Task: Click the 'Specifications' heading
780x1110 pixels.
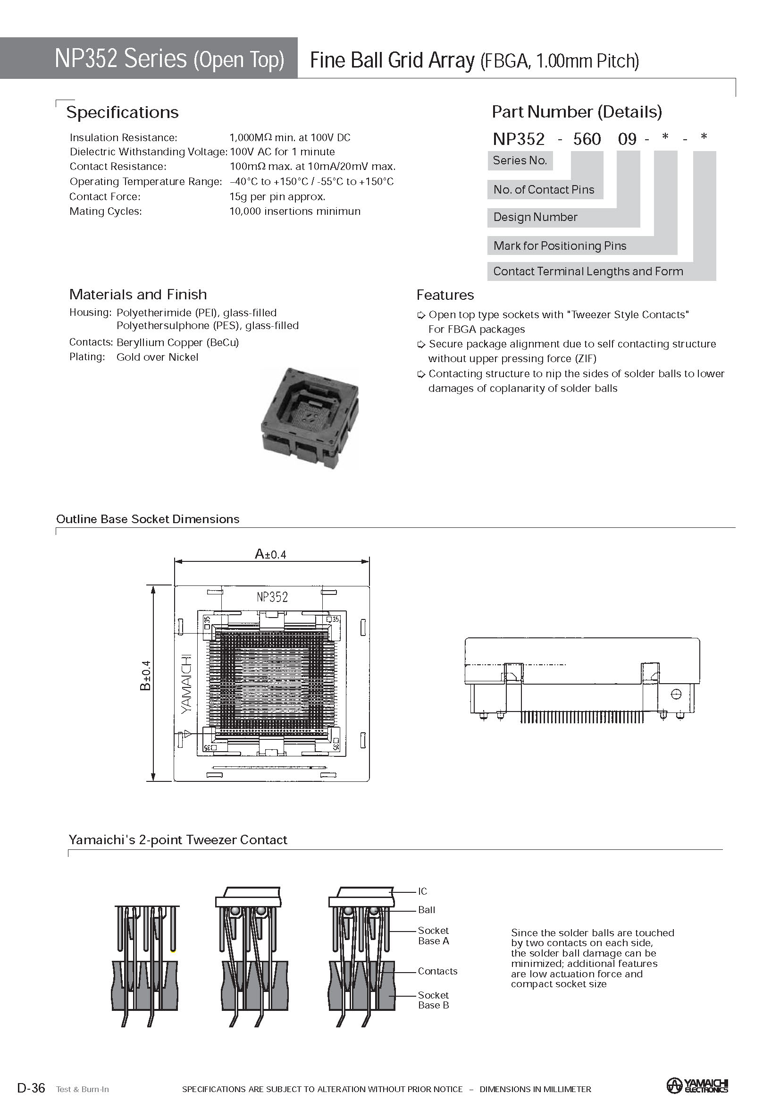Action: click(x=122, y=112)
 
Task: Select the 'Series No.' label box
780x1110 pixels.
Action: click(x=520, y=161)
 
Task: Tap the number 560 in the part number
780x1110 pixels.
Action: click(x=587, y=139)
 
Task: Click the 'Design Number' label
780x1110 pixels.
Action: click(x=535, y=217)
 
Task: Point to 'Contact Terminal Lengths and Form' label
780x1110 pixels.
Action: click(x=587, y=271)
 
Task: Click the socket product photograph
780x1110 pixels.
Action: click(x=310, y=418)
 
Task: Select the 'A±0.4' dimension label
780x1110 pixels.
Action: click(x=270, y=554)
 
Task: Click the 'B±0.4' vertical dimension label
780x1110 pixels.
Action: click(x=145, y=675)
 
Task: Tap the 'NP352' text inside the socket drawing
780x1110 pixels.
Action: click(x=272, y=597)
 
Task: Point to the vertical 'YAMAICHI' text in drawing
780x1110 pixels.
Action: click(x=186, y=684)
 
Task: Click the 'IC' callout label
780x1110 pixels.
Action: click(x=422, y=891)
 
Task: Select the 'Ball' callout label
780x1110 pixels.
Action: click(x=426, y=910)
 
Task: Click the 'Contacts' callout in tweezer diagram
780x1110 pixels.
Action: click(x=437, y=971)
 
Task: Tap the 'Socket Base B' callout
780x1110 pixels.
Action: click(x=434, y=1000)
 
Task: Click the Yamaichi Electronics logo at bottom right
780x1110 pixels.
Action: click(x=697, y=1085)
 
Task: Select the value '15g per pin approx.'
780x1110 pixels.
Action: click(x=277, y=196)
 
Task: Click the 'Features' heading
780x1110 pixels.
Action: click(x=445, y=295)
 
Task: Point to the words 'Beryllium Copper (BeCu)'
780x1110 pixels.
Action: click(x=178, y=342)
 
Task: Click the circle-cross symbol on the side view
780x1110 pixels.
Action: click(x=676, y=694)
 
